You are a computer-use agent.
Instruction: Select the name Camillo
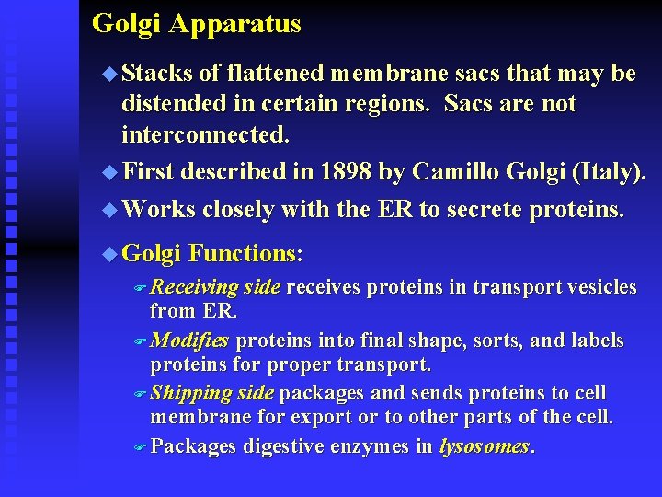455,172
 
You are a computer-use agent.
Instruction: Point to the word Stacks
156,74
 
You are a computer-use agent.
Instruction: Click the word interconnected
206,136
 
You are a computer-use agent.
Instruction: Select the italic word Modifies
189,341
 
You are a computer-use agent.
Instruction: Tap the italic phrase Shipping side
212,393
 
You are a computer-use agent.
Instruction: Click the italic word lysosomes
485,446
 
